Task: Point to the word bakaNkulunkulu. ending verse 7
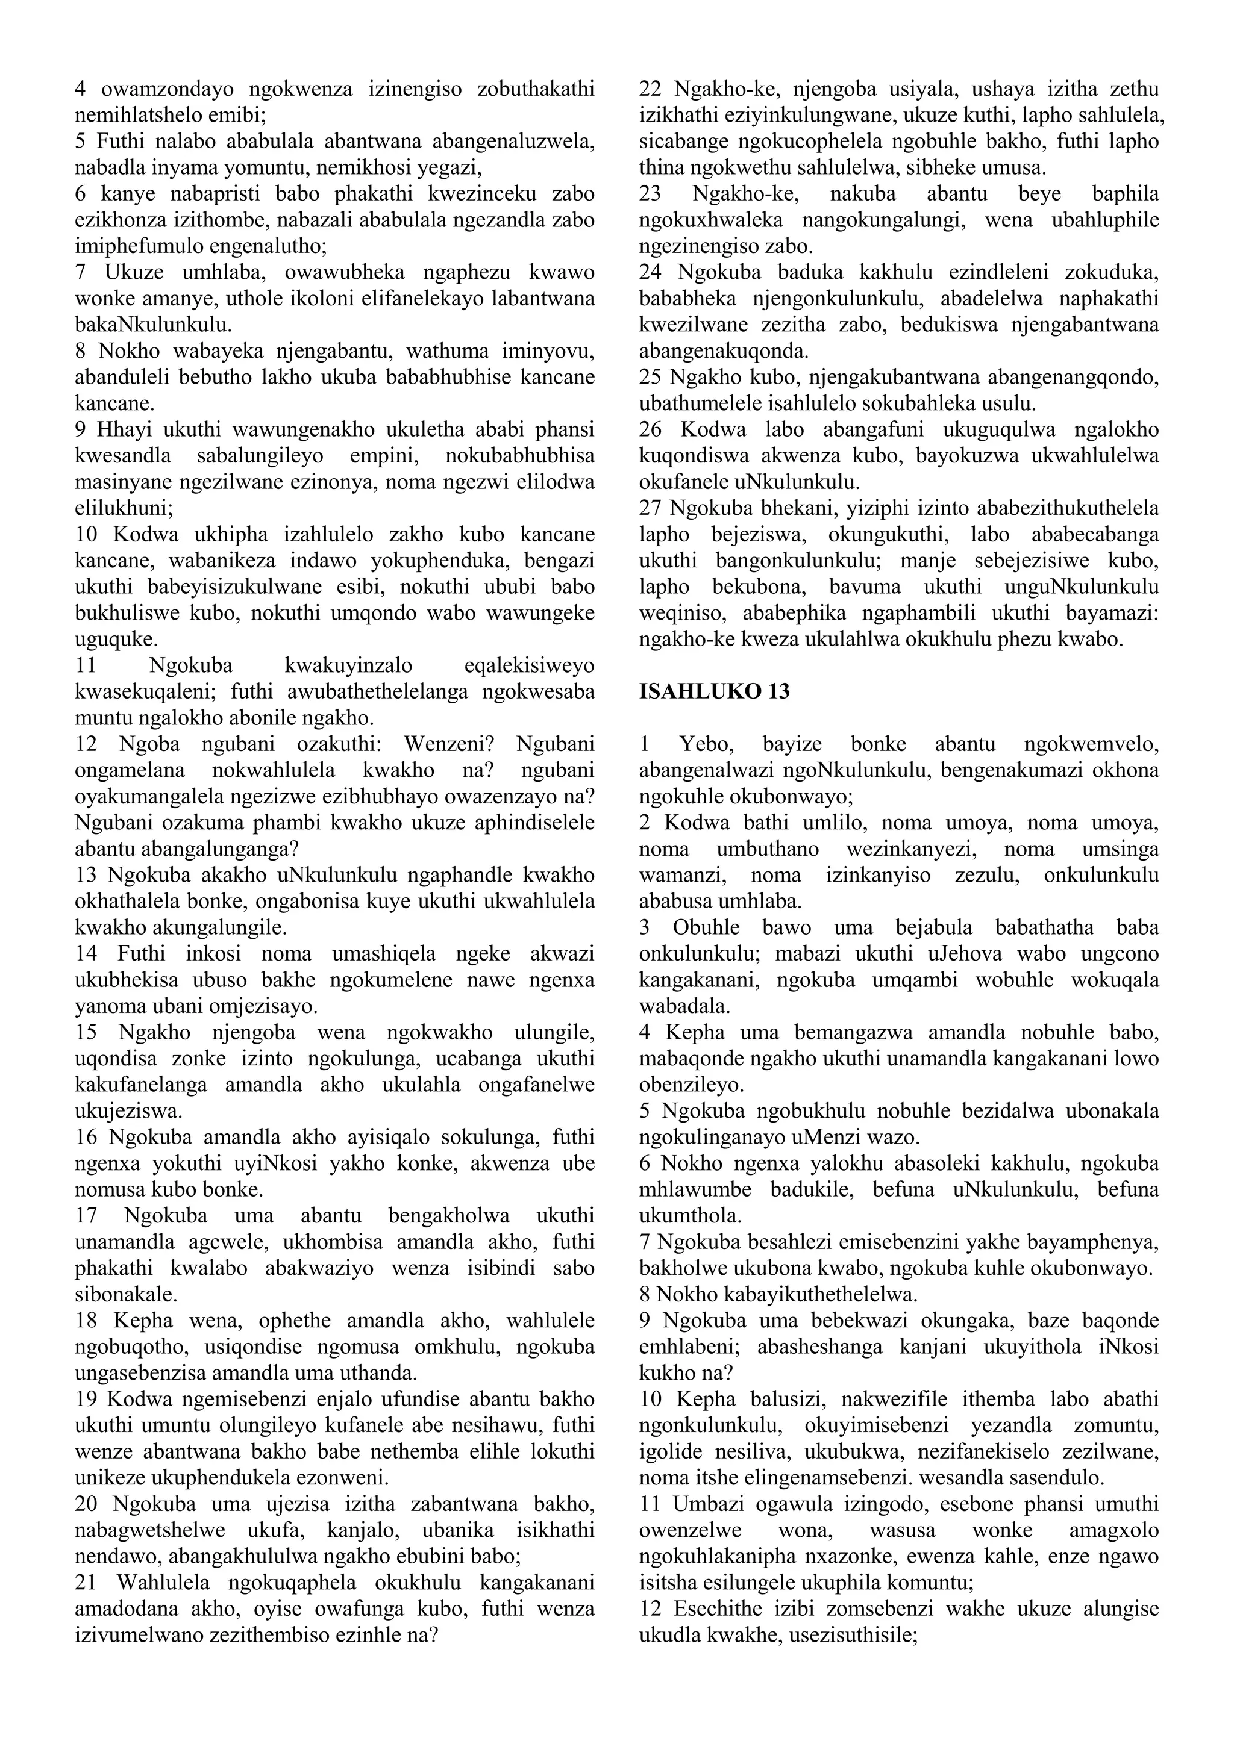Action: [x=152, y=325]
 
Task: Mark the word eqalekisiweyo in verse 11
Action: [x=529, y=665]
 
